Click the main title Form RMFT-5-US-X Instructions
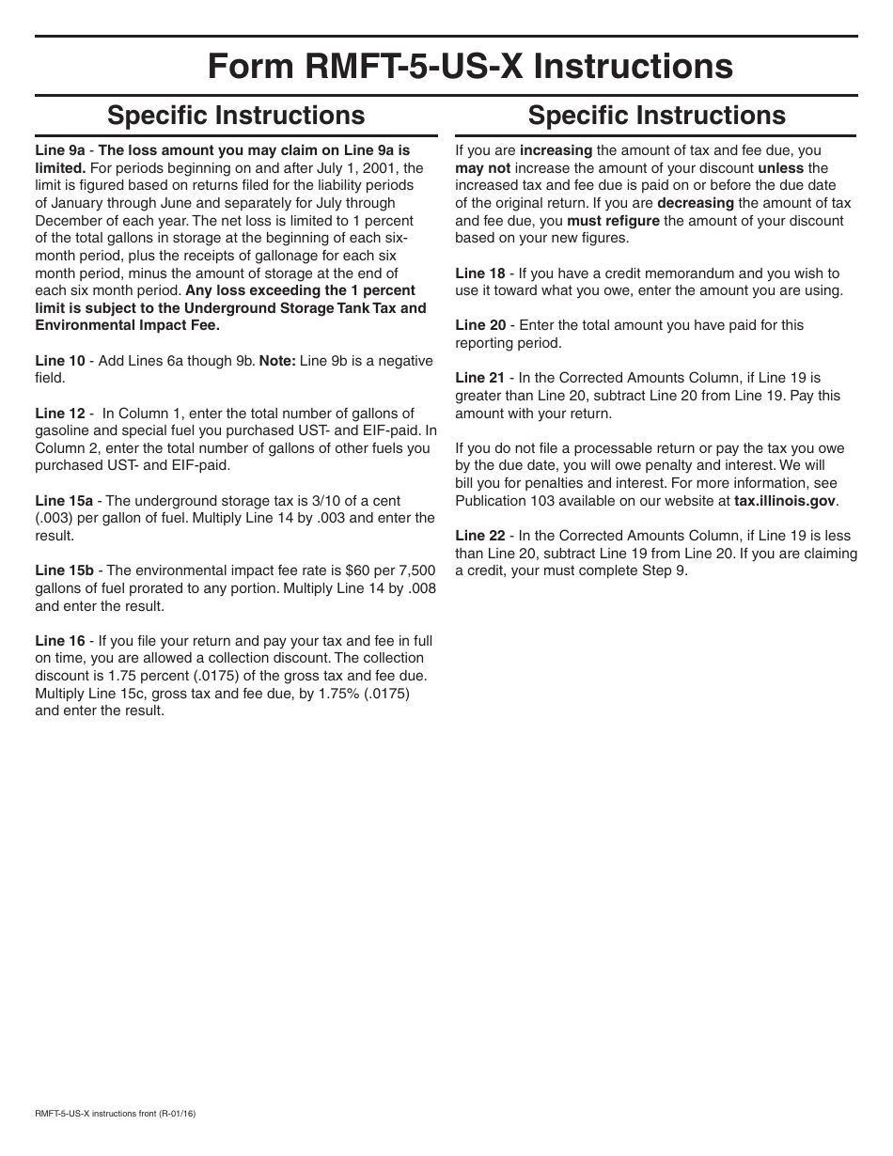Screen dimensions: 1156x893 pyautogui.click(x=470, y=67)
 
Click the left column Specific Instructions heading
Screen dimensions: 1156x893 pyautogui.click(x=236, y=115)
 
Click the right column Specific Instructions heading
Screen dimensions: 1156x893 pyautogui.click(x=656, y=115)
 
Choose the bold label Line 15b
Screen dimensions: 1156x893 pyautogui.click(x=64, y=570)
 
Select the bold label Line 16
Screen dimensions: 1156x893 pyautogui.click(x=60, y=641)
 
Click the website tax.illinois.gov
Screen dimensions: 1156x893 pyautogui.click(x=785, y=501)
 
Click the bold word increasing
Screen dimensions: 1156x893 pyautogui.click(x=556, y=150)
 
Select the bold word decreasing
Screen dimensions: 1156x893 pyautogui.click(x=695, y=203)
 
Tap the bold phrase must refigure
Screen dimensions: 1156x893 pyautogui.click(x=613, y=221)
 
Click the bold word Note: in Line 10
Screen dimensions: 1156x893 pyautogui.click(x=277, y=361)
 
